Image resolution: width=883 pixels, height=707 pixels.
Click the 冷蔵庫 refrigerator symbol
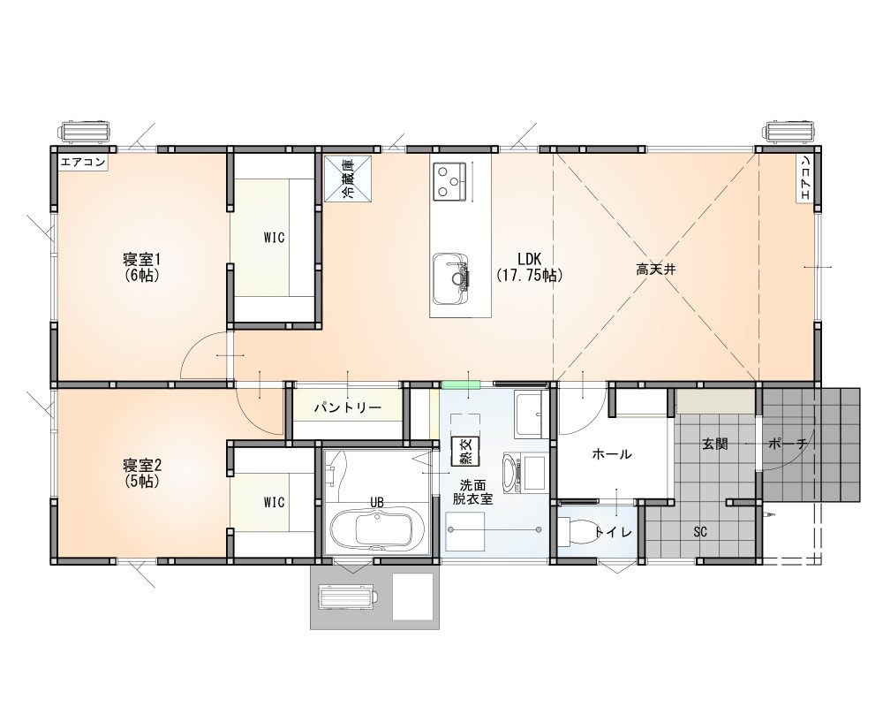point(347,179)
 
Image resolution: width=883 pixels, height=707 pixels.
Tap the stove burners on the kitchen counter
point(451,181)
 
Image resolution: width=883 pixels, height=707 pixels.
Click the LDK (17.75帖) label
point(528,266)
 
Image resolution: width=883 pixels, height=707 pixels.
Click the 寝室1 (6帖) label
point(140,266)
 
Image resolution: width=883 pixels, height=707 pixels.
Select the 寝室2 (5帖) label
point(140,473)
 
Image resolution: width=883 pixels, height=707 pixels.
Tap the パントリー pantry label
point(348,408)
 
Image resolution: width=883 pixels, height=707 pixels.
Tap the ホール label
point(611,454)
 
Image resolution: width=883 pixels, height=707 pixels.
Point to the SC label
point(700,532)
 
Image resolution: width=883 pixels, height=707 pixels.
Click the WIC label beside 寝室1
point(274,238)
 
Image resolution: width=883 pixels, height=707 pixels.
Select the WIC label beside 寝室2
point(274,502)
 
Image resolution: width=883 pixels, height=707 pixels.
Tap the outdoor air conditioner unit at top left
point(85,132)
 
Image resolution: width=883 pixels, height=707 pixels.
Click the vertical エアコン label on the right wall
point(805,179)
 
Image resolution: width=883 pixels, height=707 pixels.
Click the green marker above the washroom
point(460,384)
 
